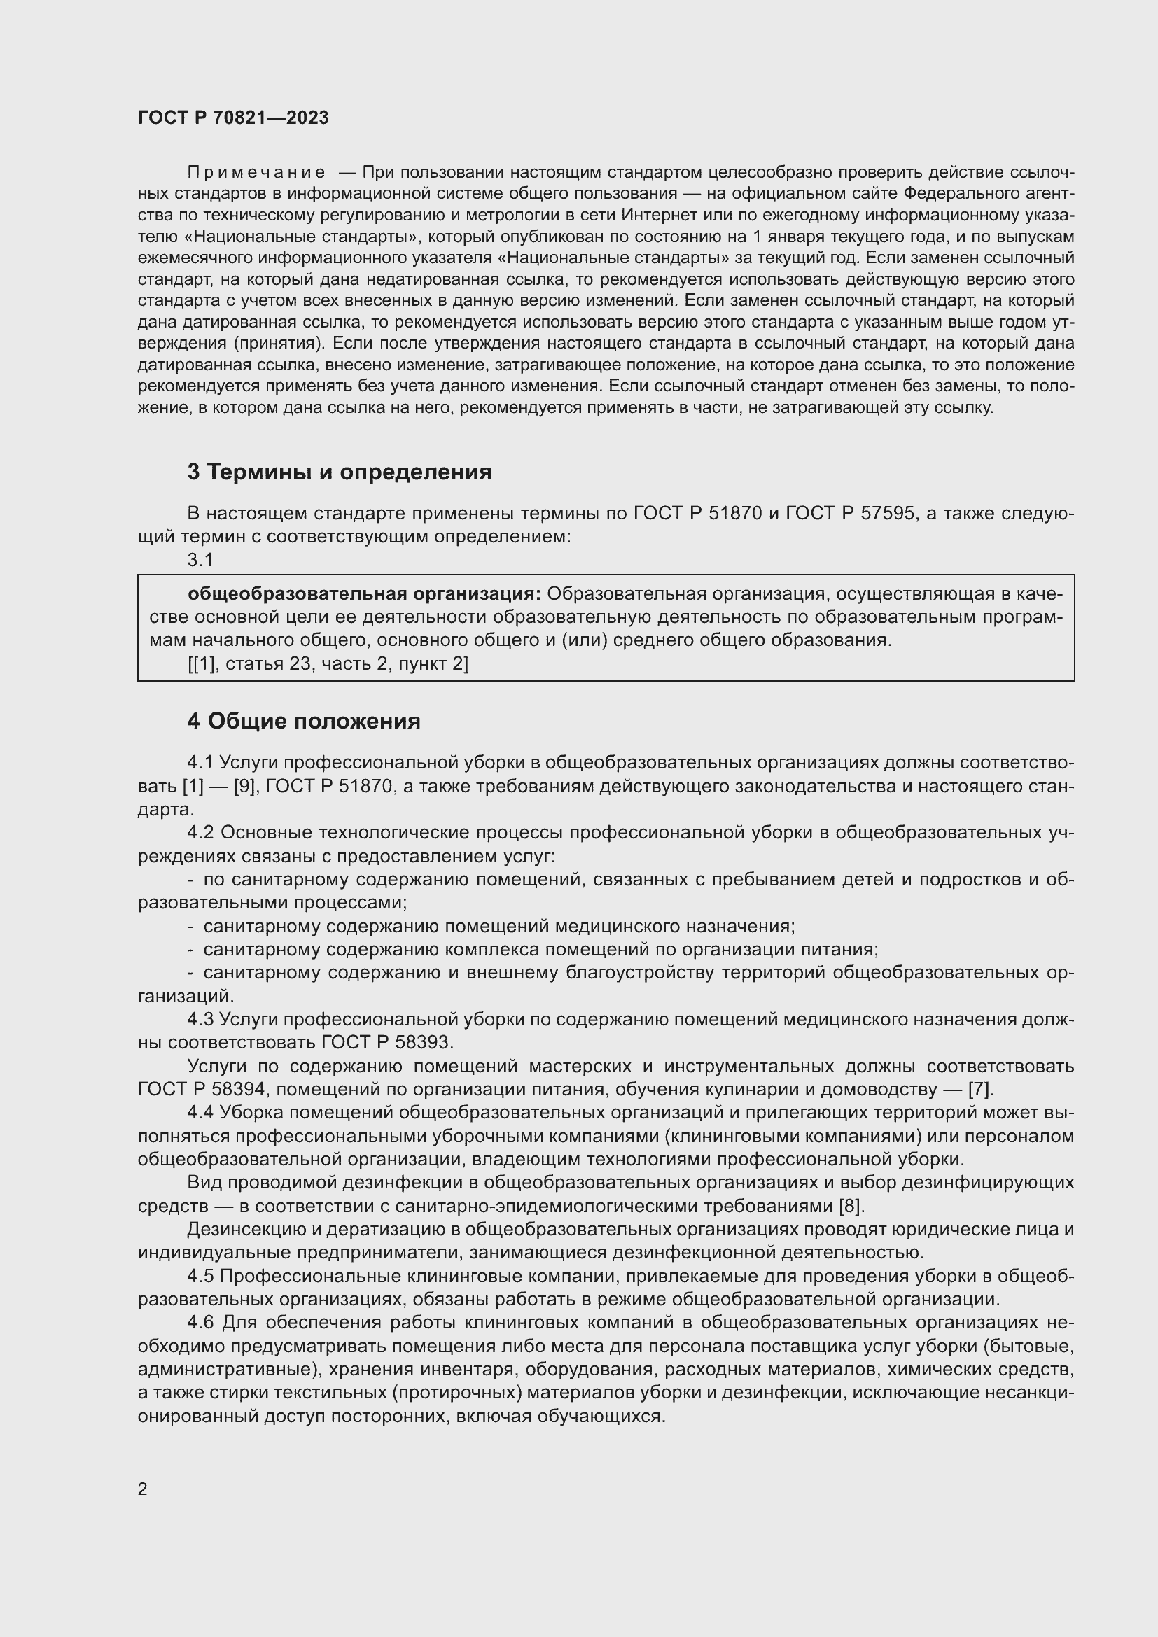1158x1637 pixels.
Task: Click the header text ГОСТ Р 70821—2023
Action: point(233,118)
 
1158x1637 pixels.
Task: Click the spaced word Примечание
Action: point(256,173)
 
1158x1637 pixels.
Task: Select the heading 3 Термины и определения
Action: point(340,472)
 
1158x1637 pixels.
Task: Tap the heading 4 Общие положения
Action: point(304,721)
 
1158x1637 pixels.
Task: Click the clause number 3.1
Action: point(200,561)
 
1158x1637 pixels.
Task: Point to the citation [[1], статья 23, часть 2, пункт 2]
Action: point(328,663)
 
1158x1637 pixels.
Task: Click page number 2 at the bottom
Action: point(143,1489)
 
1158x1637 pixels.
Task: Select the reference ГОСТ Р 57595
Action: point(850,513)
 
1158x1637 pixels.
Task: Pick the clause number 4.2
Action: point(200,833)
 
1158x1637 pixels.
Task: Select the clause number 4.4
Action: point(200,1112)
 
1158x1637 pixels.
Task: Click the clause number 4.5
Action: point(200,1276)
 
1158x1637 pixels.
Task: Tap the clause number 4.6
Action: point(200,1323)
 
